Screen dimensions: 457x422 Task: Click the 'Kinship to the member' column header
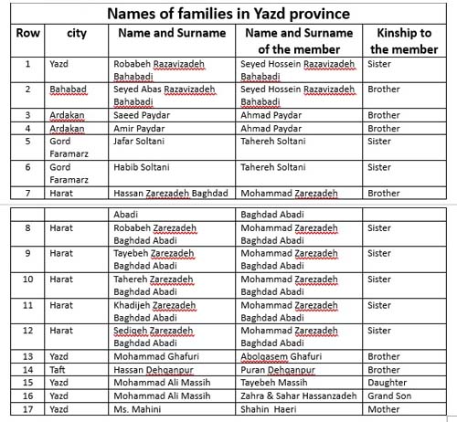[402, 41]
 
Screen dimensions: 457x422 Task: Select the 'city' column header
[77, 33]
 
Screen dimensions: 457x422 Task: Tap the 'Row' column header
[26, 33]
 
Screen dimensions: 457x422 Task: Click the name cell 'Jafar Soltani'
[139, 142]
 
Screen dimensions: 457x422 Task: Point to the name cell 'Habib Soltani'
[140, 167]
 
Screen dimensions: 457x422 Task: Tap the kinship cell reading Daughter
[388, 383]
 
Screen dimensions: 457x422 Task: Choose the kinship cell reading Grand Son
[390, 396]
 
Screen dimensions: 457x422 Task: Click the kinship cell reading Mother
[384, 409]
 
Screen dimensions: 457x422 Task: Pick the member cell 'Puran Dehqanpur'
[279, 370]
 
